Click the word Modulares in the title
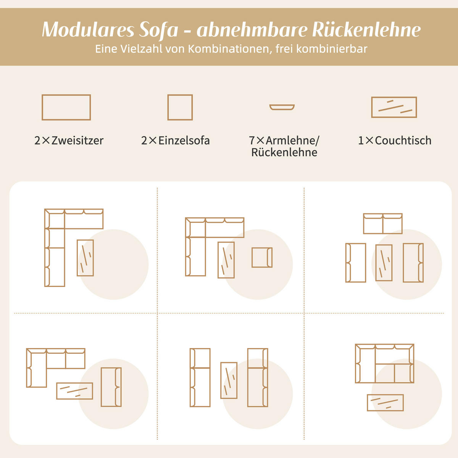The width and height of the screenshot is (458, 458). [88, 30]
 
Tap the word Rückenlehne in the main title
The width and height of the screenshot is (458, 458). [366, 30]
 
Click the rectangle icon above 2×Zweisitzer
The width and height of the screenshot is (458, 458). [66, 107]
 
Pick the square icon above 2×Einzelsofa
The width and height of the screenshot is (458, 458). [180, 107]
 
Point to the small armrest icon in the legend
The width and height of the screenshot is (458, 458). [282, 107]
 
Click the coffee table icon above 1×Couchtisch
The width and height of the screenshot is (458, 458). [394, 107]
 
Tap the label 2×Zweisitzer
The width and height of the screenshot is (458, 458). [69, 140]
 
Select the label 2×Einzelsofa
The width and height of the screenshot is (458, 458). [176, 140]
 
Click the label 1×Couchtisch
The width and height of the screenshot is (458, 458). [395, 140]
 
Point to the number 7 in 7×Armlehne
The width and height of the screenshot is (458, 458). [252, 140]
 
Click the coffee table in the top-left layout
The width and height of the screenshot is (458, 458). [85, 258]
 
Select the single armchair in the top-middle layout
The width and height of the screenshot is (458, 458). [262, 258]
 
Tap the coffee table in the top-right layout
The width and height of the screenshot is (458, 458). [384, 263]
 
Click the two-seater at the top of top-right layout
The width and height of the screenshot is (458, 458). [382, 224]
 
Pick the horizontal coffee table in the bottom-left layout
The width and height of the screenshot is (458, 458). [74, 391]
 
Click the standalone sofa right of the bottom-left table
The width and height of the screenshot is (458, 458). [111, 387]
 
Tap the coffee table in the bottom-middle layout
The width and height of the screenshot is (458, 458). [229, 380]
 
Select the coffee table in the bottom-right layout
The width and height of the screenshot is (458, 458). [385, 403]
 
